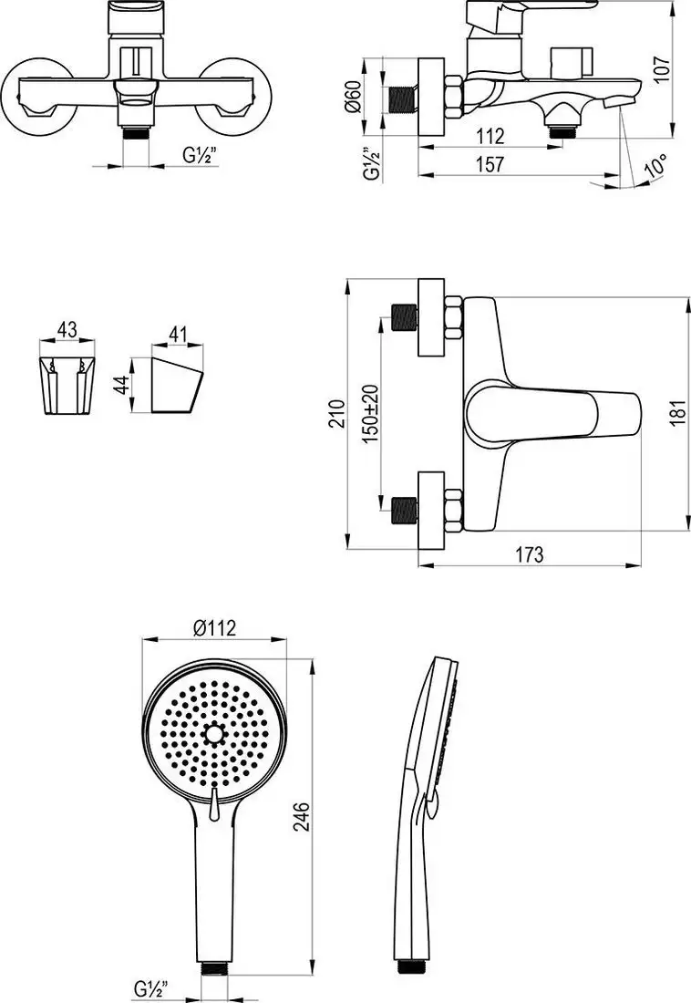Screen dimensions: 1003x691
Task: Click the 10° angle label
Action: pyautogui.click(x=655, y=169)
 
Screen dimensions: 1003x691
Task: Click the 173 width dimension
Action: pyautogui.click(x=530, y=553)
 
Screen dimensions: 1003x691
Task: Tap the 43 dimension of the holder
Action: pyautogui.click(x=66, y=328)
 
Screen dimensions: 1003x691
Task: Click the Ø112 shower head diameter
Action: pyautogui.click(x=215, y=627)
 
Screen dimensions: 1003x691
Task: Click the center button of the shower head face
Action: pyautogui.click(x=215, y=733)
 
